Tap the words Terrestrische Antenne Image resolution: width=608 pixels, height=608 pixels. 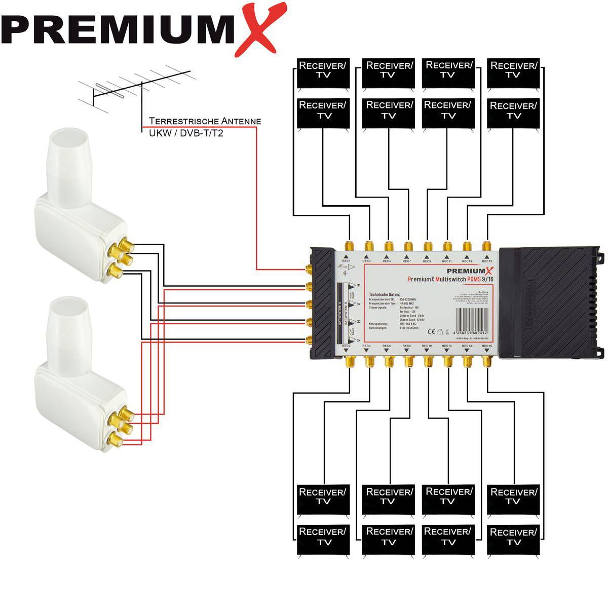[205, 121]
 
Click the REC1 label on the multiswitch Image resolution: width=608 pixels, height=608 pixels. [347, 261]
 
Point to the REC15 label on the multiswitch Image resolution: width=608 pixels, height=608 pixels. [486, 261]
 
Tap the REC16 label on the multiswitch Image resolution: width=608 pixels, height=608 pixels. [486, 346]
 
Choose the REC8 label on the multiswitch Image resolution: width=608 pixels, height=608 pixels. [406, 346]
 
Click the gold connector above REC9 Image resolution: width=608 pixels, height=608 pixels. [428, 247]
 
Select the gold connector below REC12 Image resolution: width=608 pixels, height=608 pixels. [447, 361]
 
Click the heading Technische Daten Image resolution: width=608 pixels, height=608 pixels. [385, 294]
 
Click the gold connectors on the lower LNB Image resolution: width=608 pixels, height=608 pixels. [121, 425]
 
